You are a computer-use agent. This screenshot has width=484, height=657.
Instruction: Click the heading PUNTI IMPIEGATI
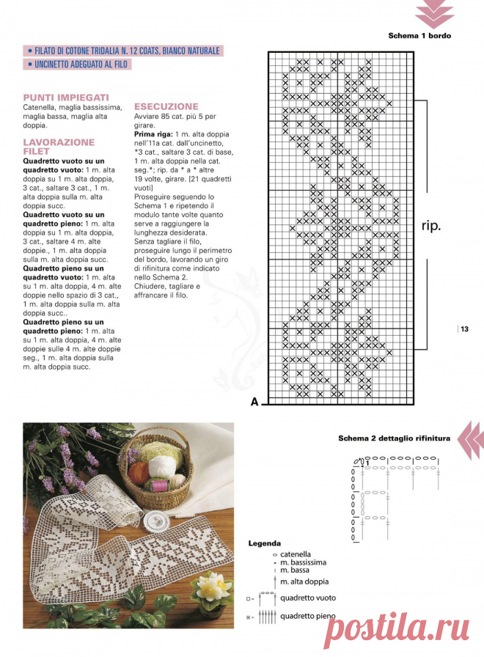pyautogui.click(x=66, y=97)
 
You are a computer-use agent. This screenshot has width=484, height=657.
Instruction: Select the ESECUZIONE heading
pyautogui.click(x=166, y=106)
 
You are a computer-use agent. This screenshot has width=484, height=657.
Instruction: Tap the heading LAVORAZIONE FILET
pyautogui.click(x=59, y=147)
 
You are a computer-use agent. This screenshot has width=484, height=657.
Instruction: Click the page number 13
pyautogui.click(x=464, y=329)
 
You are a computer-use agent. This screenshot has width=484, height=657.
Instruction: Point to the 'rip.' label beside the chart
pyautogui.click(x=431, y=226)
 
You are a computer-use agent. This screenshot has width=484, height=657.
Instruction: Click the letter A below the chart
pyautogui.click(x=254, y=401)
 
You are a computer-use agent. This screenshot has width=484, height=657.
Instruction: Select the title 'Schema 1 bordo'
pyautogui.click(x=419, y=35)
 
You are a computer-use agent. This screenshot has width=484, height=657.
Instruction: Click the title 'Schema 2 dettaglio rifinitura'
pyautogui.click(x=394, y=438)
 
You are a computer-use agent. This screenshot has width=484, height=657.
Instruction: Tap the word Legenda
pyautogui.click(x=264, y=543)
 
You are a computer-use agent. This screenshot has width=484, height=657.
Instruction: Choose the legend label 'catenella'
pyautogui.click(x=296, y=554)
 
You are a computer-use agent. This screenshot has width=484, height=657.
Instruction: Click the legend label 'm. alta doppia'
pyautogui.click(x=304, y=581)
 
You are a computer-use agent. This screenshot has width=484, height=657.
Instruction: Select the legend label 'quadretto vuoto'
pyautogui.click(x=307, y=598)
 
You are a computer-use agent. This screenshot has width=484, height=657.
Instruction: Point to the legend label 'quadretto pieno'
pyautogui.click(x=307, y=617)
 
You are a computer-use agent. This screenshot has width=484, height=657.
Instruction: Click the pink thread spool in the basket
pyautogui.click(x=159, y=485)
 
